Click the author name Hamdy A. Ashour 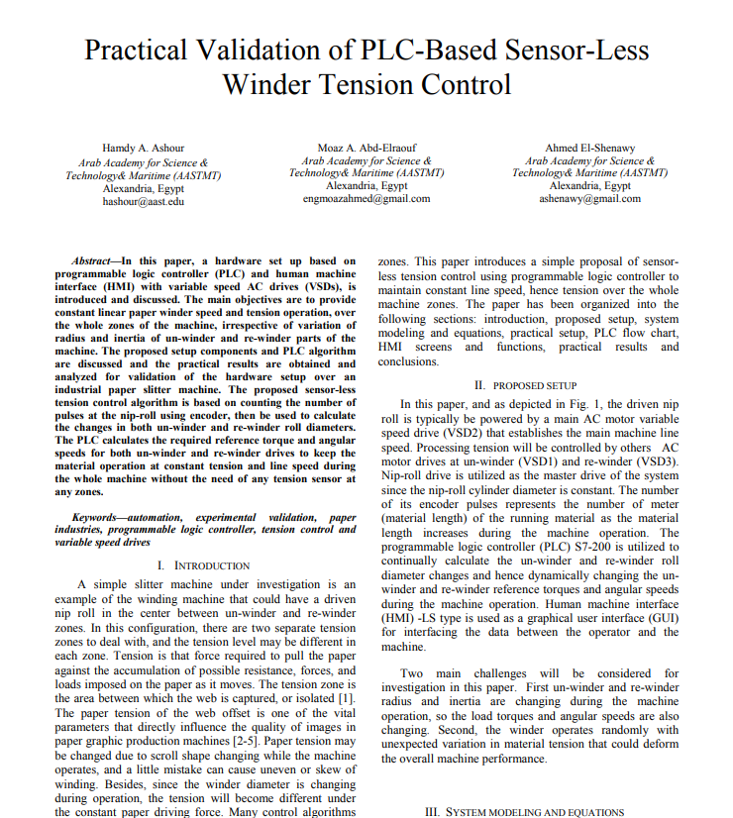pos(144,148)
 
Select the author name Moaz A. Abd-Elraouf pos(366,148)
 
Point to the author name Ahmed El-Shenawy pos(589,148)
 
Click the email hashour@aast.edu pos(144,201)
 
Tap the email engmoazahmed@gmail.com pos(366,198)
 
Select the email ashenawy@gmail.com pos(589,198)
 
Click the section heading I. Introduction pos(204,565)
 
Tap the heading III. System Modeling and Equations pos(524,812)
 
